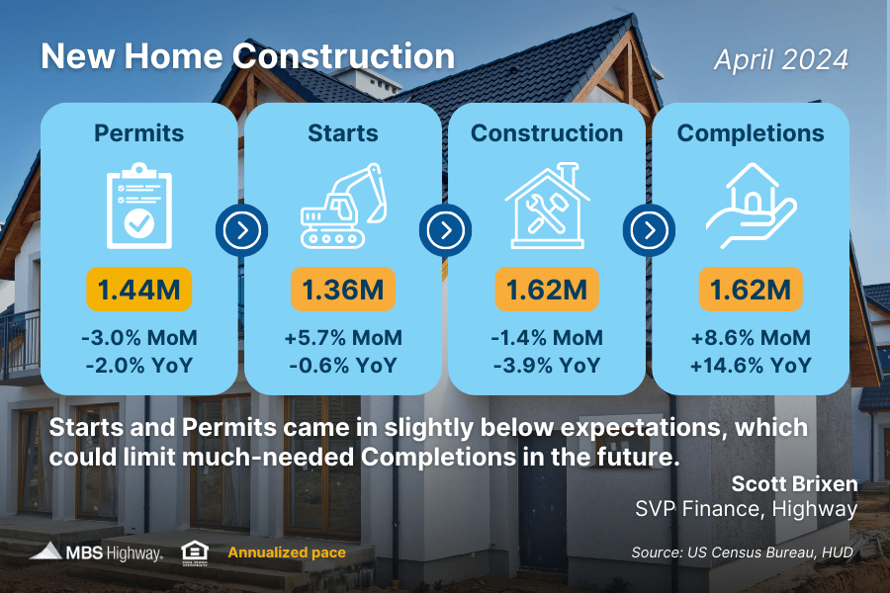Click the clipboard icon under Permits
[139, 206]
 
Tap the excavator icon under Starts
[343, 206]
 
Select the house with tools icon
[547, 206]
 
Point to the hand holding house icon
[751, 206]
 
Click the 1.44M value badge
[139, 290]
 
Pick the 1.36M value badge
[343, 290]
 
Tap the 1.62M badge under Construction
[547, 290]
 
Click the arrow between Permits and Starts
[242, 230]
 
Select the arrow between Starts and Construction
[446, 230]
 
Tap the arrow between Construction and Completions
[650, 230]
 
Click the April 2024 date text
[781, 60]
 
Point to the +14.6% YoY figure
[751, 366]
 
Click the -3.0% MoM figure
[139, 338]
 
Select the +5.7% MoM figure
[343, 338]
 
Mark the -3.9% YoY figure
[547, 366]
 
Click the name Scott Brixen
[795, 484]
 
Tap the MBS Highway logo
[97, 552]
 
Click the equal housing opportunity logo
[195, 553]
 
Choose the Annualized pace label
[287, 552]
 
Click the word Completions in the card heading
[751, 133]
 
